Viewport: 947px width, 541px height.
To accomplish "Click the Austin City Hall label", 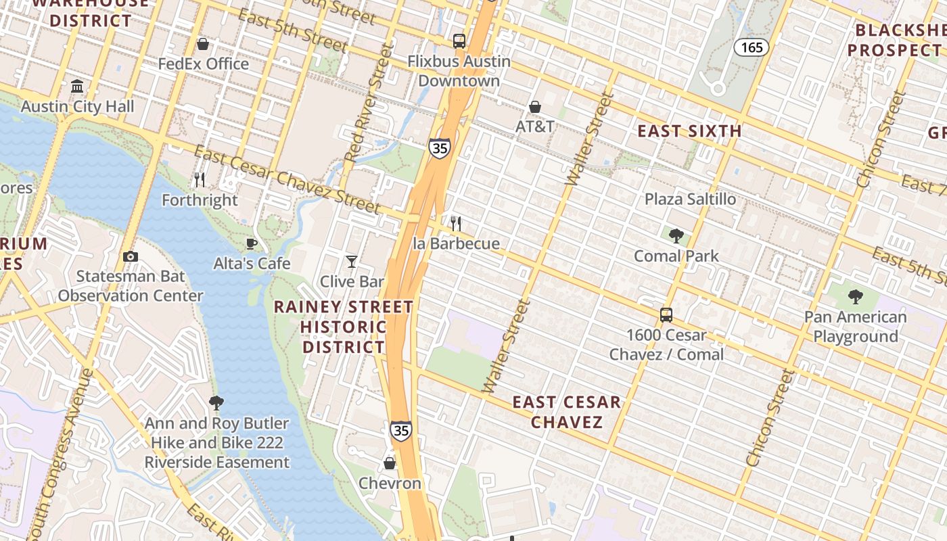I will click(77, 106).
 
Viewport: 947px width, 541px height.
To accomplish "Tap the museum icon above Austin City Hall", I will click(77, 87).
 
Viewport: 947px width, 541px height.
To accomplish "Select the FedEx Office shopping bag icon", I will click(202, 44).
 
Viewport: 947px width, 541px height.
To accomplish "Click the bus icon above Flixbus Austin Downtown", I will click(459, 41).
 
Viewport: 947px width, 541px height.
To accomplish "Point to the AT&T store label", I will click(534, 126).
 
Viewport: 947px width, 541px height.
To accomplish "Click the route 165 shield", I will click(751, 47).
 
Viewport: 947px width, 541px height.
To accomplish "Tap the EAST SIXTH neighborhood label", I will click(689, 131).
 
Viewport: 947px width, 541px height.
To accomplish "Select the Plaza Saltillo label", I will click(690, 199).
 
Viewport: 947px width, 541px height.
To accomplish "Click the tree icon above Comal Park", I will click(676, 236).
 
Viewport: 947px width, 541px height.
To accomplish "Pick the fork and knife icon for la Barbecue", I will click(457, 223).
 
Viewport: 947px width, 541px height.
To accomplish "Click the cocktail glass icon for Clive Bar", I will click(352, 261).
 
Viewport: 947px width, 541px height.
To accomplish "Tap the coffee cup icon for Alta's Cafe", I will click(252, 243).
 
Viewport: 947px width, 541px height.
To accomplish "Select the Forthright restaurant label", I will click(200, 200).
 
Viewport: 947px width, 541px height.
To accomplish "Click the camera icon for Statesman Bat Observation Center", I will click(131, 256).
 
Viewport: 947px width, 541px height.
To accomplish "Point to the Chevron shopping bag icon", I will click(390, 463).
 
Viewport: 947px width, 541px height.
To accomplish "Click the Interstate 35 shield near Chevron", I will click(401, 430).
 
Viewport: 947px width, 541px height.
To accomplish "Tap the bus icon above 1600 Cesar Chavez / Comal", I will click(666, 314).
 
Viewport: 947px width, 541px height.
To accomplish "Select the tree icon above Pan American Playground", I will click(855, 296).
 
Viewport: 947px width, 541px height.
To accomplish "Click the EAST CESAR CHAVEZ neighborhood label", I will click(566, 412).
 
